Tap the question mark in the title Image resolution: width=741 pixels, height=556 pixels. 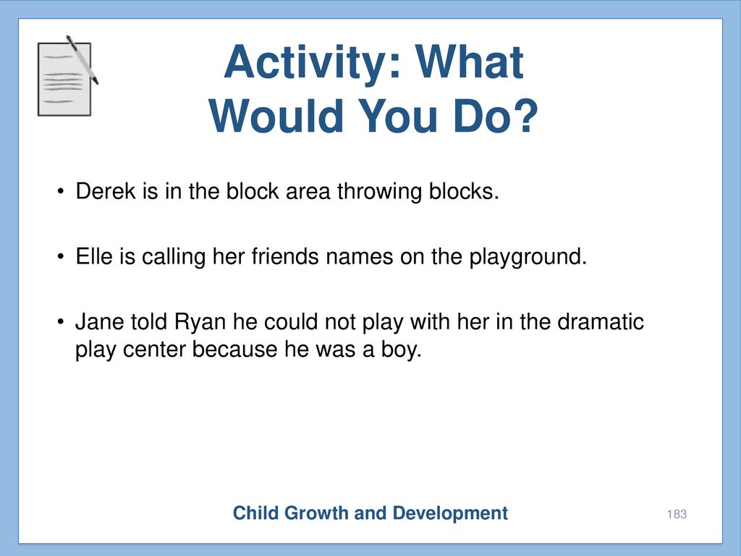tap(525, 116)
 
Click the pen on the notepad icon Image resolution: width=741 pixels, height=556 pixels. tap(82, 59)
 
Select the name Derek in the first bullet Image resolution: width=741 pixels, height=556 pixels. tap(106, 191)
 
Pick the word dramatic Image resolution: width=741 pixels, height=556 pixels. tap(601, 322)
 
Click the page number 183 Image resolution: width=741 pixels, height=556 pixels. tap(677, 514)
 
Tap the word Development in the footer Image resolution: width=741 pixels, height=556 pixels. tap(450, 513)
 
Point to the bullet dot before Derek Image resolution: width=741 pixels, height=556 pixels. tap(60, 192)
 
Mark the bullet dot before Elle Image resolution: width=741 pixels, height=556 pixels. tap(60, 257)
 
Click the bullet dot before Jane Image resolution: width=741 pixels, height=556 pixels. tap(60, 322)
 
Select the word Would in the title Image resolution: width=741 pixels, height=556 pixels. tap(276, 116)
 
